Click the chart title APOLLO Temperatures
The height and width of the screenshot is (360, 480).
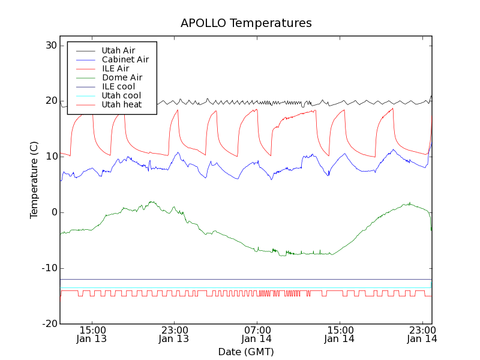tap(246, 23)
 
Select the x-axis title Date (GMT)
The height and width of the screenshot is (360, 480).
tap(246, 352)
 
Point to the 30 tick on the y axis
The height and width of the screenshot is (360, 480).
tap(50, 46)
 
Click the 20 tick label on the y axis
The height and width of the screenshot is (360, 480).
tap(50, 101)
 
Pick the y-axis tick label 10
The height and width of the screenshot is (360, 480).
tap(50, 157)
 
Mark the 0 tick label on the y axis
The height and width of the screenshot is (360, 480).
tap(53, 212)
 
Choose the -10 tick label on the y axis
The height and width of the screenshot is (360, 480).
tap(49, 268)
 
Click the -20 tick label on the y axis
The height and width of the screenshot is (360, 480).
tap(49, 324)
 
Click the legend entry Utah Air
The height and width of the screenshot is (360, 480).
tap(118, 50)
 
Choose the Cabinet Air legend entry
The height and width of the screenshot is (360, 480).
tap(125, 59)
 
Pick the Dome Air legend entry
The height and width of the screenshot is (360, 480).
tap(122, 77)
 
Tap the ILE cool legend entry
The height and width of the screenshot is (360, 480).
tap(118, 86)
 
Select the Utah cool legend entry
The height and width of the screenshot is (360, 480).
tap(121, 95)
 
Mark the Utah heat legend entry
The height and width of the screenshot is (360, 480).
tap(121, 104)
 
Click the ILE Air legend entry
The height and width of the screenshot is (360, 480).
tap(115, 68)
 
